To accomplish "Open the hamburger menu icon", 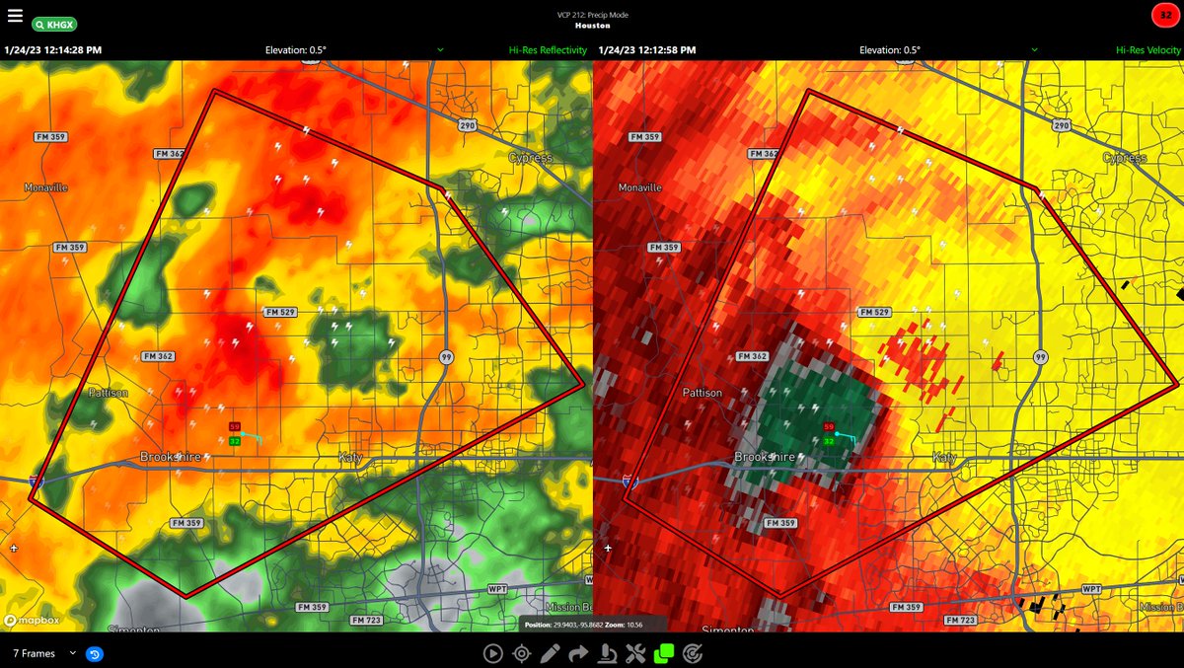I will click(15, 15).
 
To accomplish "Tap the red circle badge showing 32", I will click(1166, 15).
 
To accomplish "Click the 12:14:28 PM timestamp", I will click(53, 49).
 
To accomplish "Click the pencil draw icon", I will click(550, 652).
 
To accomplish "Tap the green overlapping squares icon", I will click(664, 652).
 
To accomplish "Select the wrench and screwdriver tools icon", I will click(635, 652).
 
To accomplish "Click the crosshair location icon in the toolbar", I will click(521, 652).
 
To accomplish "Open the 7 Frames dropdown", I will click(44, 653).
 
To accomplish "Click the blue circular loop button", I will click(95, 653).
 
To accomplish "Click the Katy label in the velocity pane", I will click(944, 458).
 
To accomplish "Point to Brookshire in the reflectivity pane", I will click(170, 457).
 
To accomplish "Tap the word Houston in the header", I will click(592, 26).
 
